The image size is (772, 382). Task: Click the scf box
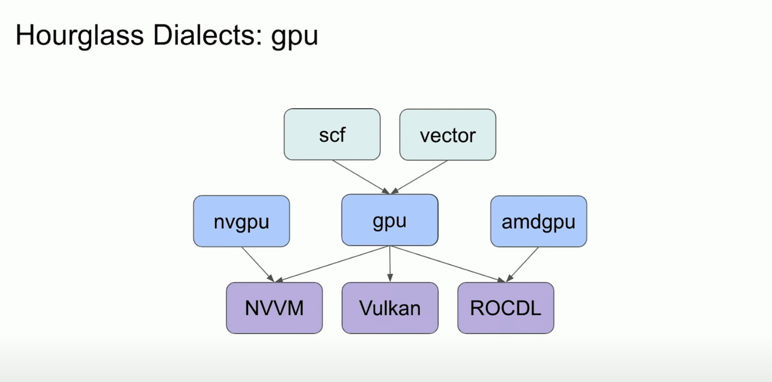pos(332,135)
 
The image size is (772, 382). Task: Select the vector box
pos(447,135)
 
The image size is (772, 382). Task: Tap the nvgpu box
pos(241,221)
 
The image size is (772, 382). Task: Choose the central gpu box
pos(389,220)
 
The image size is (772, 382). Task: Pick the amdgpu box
pos(538,221)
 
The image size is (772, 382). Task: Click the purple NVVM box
pos(274,308)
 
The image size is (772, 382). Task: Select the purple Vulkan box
pos(389,308)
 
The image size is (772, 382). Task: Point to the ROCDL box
pos(505,308)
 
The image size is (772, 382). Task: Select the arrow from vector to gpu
pos(420,176)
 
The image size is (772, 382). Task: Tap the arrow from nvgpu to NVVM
pos(258,264)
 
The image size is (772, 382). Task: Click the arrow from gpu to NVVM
pos(332,264)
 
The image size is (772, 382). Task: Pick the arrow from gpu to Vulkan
pos(390,264)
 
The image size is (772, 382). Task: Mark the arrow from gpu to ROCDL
pos(448,264)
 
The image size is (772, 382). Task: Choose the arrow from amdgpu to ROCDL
pos(523,264)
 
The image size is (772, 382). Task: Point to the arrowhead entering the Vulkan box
pos(390,278)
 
